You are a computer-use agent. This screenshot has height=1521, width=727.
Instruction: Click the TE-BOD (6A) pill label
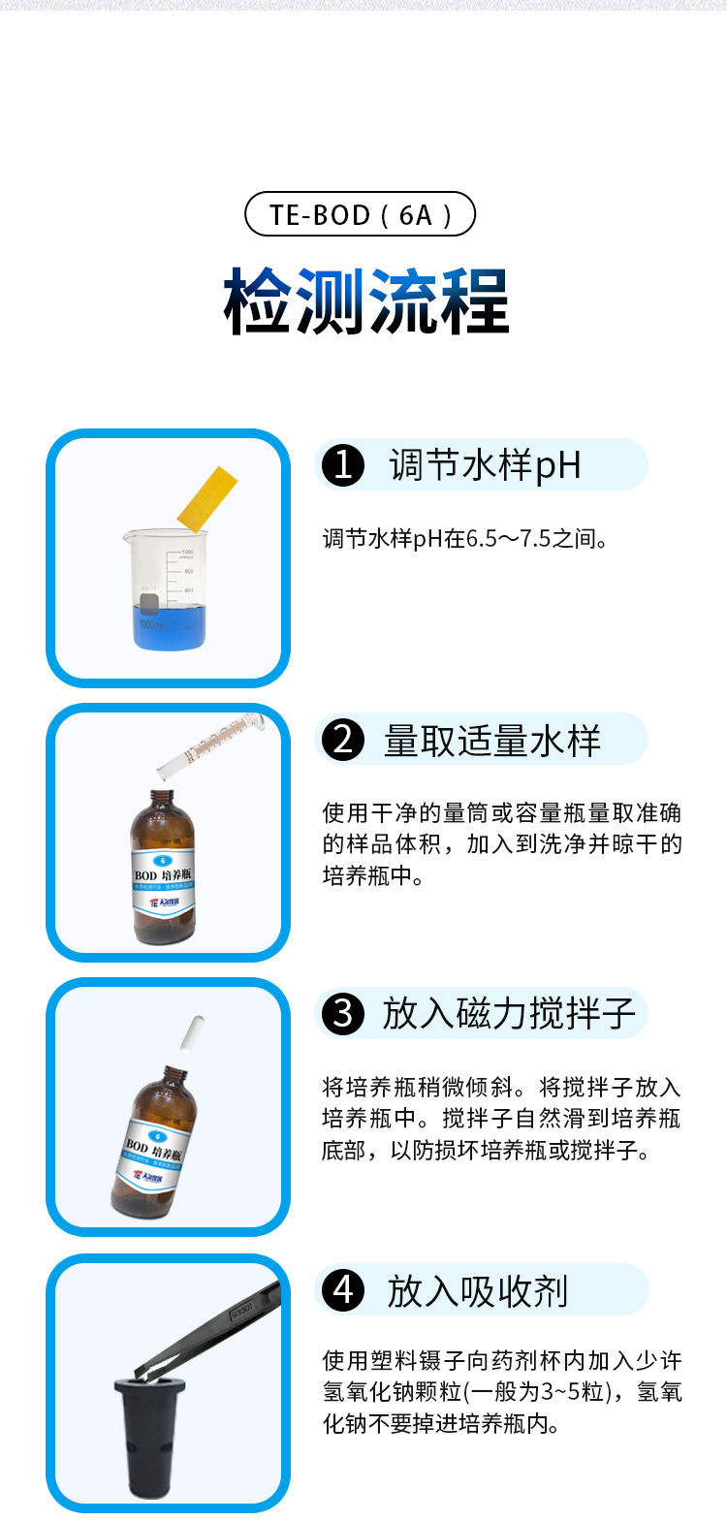[x=360, y=214]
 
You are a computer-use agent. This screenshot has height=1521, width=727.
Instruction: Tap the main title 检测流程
[x=366, y=301]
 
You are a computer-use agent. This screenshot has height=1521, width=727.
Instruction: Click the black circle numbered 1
[x=343, y=465]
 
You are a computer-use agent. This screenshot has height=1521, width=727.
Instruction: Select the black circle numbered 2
[x=343, y=741]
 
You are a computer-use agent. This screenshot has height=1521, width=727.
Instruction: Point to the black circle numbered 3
[x=343, y=1014]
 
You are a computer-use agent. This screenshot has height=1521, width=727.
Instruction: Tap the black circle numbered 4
[x=343, y=1290]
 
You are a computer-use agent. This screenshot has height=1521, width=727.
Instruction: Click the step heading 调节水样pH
[x=485, y=465]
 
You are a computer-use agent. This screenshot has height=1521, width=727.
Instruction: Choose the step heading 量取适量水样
[x=492, y=741]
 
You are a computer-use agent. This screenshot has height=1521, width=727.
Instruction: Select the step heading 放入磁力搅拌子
[x=508, y=1014]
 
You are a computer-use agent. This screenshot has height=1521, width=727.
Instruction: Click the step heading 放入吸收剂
[x=477, y=1291]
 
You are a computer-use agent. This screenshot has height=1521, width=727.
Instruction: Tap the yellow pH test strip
[x=207, y=498]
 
